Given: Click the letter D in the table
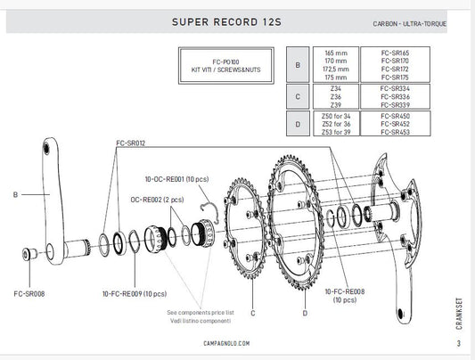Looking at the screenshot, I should click(298, 125).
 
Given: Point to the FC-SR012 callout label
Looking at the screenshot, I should click(131, 143).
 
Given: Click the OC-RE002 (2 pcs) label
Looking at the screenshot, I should click(157, 200).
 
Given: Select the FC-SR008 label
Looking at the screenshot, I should click(30, 292).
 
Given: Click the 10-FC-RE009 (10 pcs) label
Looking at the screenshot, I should click(134, 292).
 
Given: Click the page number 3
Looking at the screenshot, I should click(458, 344).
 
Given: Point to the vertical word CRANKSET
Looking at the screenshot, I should click(458, 315).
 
